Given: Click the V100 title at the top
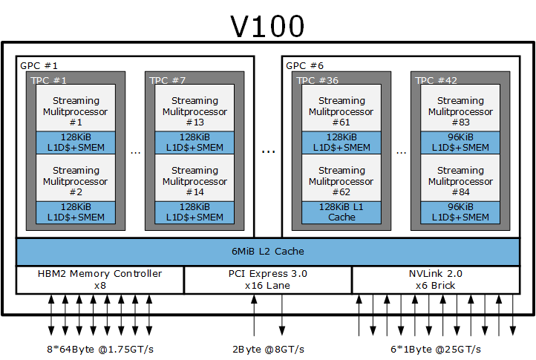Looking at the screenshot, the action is click(267, 26).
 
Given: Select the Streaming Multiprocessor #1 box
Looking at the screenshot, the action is click(76, 108).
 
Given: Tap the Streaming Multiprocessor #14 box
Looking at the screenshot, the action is click(195, 178).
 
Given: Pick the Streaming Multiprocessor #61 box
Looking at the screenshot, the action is click(341, 108).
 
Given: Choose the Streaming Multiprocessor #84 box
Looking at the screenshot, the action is click(460, 178).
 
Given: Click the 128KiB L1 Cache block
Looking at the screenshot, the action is click(341, 212).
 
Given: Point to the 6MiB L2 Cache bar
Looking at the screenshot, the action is click(268, 252).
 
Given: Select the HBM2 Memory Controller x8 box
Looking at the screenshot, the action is click(99, 280).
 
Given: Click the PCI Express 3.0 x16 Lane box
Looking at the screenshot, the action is click(268, 280).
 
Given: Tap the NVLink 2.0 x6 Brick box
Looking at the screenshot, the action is click(436, 280).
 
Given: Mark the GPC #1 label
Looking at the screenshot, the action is click(39, 65).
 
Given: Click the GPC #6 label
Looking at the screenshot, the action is click(304, 65).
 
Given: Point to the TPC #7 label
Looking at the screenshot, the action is click(168, 80).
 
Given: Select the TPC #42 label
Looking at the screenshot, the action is click(436, 80).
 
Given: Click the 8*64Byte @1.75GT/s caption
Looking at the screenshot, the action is click(100, 350).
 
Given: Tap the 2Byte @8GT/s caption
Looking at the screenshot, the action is click(268, 350).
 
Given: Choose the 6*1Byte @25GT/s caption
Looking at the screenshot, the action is click(436, 350).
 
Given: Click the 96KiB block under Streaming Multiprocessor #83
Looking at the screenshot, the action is click(460, 143).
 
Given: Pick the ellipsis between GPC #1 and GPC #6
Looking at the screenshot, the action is click(268, 151).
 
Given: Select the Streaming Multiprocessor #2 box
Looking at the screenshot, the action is click(76, 178).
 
